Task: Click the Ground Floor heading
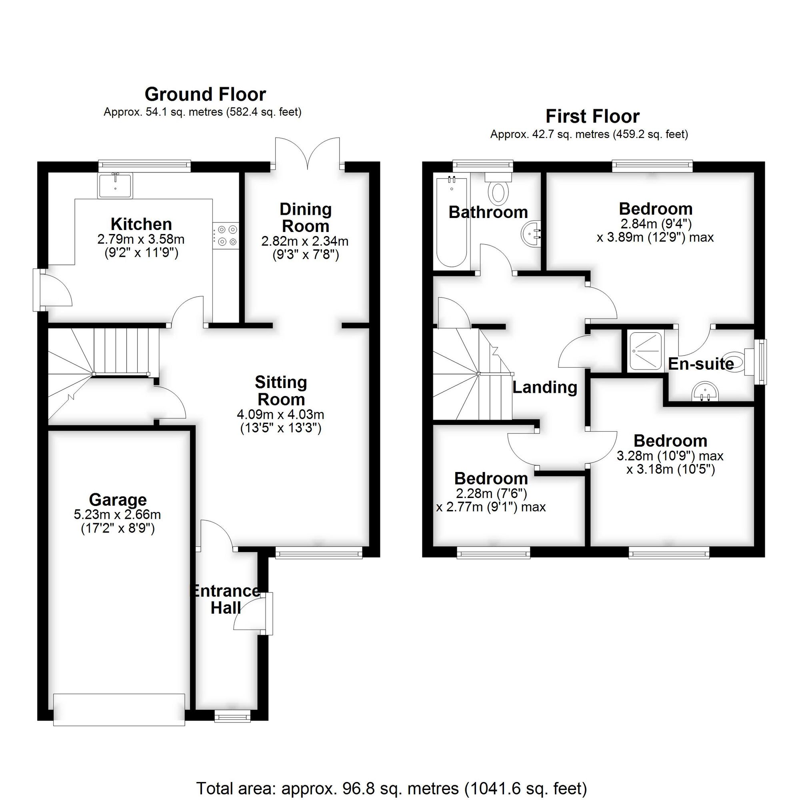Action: [205, 94]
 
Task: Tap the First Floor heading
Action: [592, 116]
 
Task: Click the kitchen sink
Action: [115, 186]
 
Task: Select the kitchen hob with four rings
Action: [226, 236]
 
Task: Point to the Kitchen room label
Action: [141, 224]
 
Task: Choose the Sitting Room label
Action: [281, 390]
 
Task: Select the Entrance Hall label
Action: [226, 599]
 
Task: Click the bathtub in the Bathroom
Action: [451, 222]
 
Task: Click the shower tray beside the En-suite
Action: [645, 351]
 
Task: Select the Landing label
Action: [544, 387]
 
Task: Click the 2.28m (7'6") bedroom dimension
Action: [491, 493]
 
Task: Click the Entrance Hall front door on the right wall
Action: [268, 613]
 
